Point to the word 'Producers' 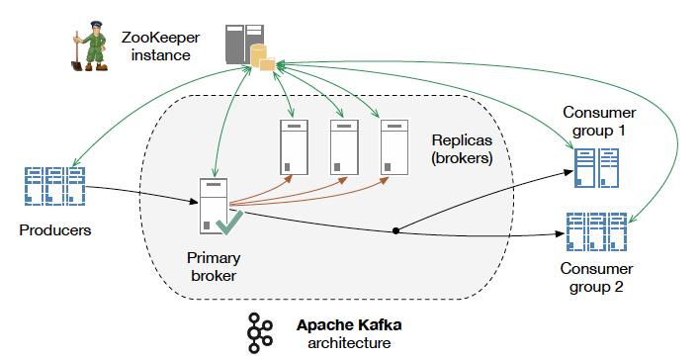[54, 230]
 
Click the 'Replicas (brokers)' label [463, 149]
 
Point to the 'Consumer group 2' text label [599, 278]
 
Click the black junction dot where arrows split [396, 230]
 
